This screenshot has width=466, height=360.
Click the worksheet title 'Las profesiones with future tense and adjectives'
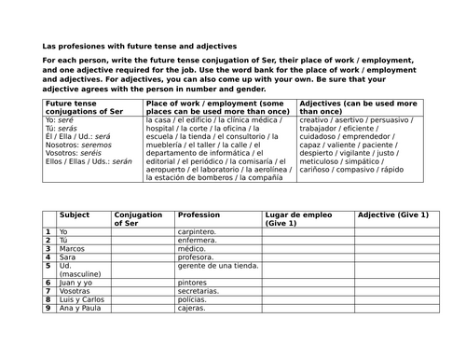point(139,46)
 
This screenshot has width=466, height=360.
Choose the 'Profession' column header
point(199,215)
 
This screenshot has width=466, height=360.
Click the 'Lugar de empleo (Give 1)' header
point(294,219)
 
